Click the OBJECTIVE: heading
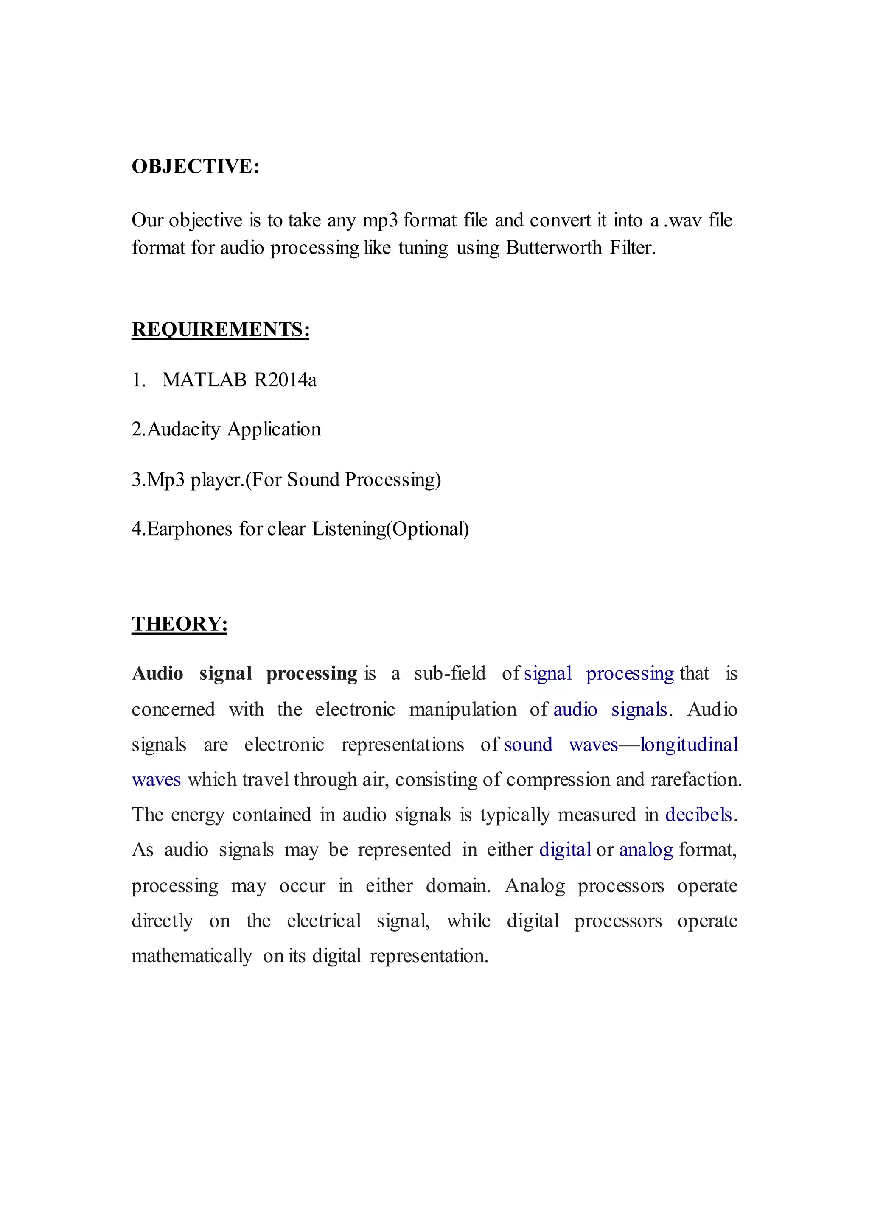tap(195, 166)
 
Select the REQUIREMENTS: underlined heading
tap(221, 329)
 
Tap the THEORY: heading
tap(179, 624)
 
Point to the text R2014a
tap(285, 380)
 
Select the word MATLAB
tap(205, 380)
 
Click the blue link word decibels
tap(698, 815)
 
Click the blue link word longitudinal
tap(689, 745)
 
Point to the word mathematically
tap(191, 956)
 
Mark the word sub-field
tap(449, 674)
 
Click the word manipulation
tap(463, 710)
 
